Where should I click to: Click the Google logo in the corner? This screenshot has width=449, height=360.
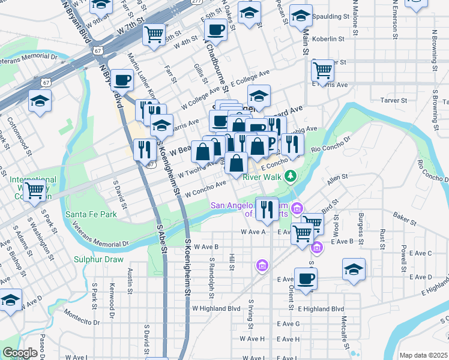(20, 353)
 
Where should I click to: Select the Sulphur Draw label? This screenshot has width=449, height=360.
(98, 260)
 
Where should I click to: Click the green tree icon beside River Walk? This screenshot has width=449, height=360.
(291, 176)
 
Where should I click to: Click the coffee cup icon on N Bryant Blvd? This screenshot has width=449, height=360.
(123, 79)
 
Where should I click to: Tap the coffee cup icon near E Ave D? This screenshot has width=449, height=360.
(306, 278)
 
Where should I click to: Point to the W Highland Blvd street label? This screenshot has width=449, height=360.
(216, 308)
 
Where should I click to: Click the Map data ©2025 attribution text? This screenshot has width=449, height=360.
(423, 355)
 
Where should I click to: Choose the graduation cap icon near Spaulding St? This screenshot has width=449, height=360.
(301, 16)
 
